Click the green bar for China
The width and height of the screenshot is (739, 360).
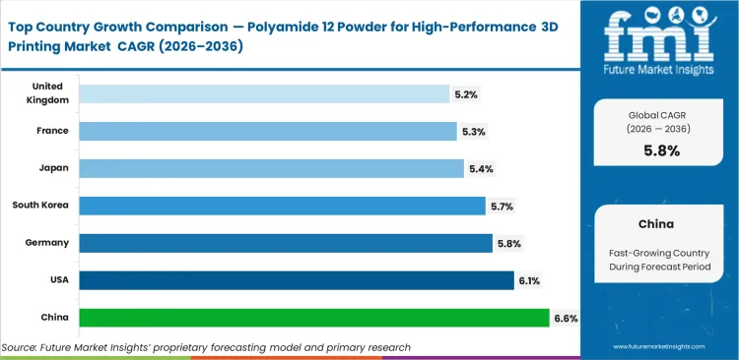click(313, 317)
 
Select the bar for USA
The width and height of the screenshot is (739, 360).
click(296, 280)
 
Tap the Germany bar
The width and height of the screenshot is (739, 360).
click(286, 243)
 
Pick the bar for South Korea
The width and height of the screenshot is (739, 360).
click(282, 206)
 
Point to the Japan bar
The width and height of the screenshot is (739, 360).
click(271, 168)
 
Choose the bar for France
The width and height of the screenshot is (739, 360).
click(268, 131)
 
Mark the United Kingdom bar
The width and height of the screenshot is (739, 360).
click(264, 93)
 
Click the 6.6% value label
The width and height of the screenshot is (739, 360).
click(566, 318)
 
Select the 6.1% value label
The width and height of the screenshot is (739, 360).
click(530, 280)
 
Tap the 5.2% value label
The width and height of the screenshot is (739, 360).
click(467, 94)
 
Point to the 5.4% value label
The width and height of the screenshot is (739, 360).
click(481, 169)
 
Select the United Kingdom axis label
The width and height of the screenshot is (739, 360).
click(48, 93)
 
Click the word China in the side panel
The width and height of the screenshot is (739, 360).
click(657, 225)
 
